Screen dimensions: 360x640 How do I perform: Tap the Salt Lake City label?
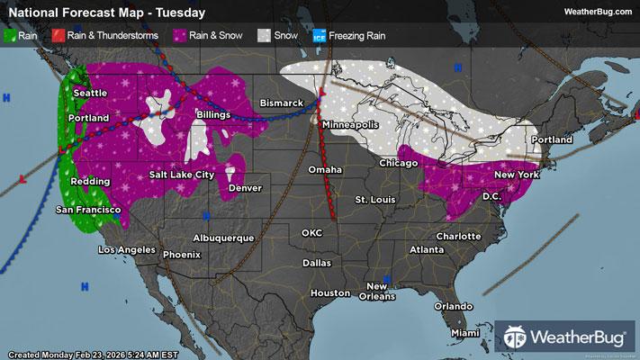182,174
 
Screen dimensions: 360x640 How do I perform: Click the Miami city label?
466,333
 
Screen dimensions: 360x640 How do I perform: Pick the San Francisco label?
88,210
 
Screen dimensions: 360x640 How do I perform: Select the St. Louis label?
374,198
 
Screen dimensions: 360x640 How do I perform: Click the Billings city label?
218,114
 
